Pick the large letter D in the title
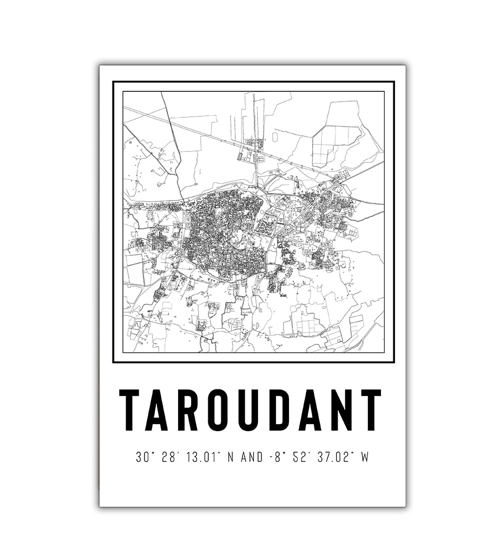pyautogui.click(x=279, y=410)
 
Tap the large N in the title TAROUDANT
pyautogui.click(x=339, y=410)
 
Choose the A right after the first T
pyautogui.click(x=160, y=410)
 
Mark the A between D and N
pyautogui.click(x=309, y=410)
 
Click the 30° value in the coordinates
pyautogui.click(x=143, y=458)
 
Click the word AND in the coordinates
pyautogui.click(x=252, y=458)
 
